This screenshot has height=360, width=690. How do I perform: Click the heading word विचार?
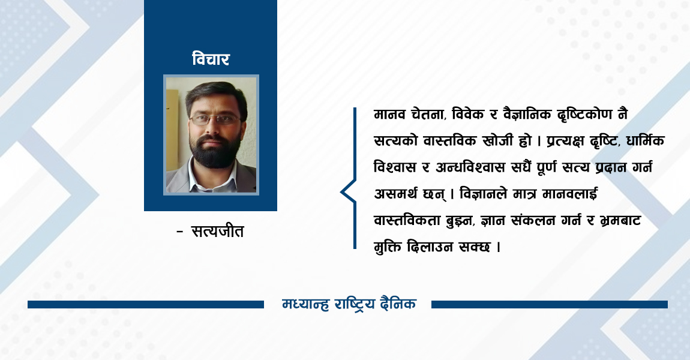click(211, 59)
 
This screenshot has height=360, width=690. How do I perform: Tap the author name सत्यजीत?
click(217, 231)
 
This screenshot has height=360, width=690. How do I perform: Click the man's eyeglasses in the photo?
click(215, 119)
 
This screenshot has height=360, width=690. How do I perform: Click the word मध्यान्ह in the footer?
click(305, 304)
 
